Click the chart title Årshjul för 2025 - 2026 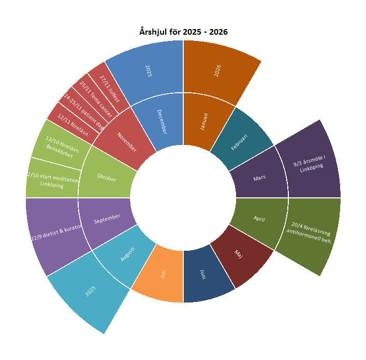[x=183, y=32]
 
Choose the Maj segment [x=239, y=254]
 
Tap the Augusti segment [x=127, y=254]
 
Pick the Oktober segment [x=107, y=178]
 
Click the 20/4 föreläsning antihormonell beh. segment [x=309, y=233]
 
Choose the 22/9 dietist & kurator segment [x=56, y=233]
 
